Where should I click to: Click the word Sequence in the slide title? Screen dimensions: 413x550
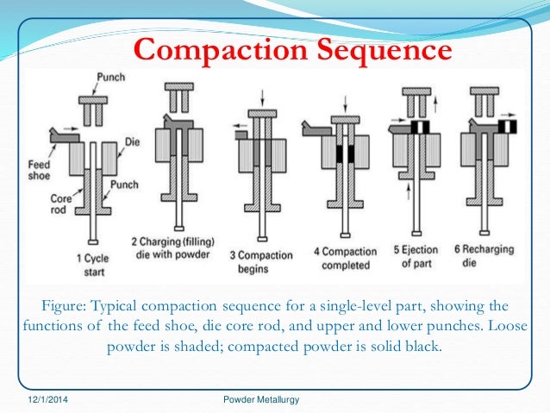[x=380, y=50]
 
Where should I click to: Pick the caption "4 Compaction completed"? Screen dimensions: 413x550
[x=345, y=258]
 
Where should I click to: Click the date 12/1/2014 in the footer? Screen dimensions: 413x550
[x=45, y=399]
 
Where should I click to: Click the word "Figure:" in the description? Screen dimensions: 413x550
[x=66, y=305]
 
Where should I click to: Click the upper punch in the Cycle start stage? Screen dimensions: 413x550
[x=92, y=107]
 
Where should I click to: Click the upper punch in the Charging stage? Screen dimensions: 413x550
[x=177, y=94]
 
